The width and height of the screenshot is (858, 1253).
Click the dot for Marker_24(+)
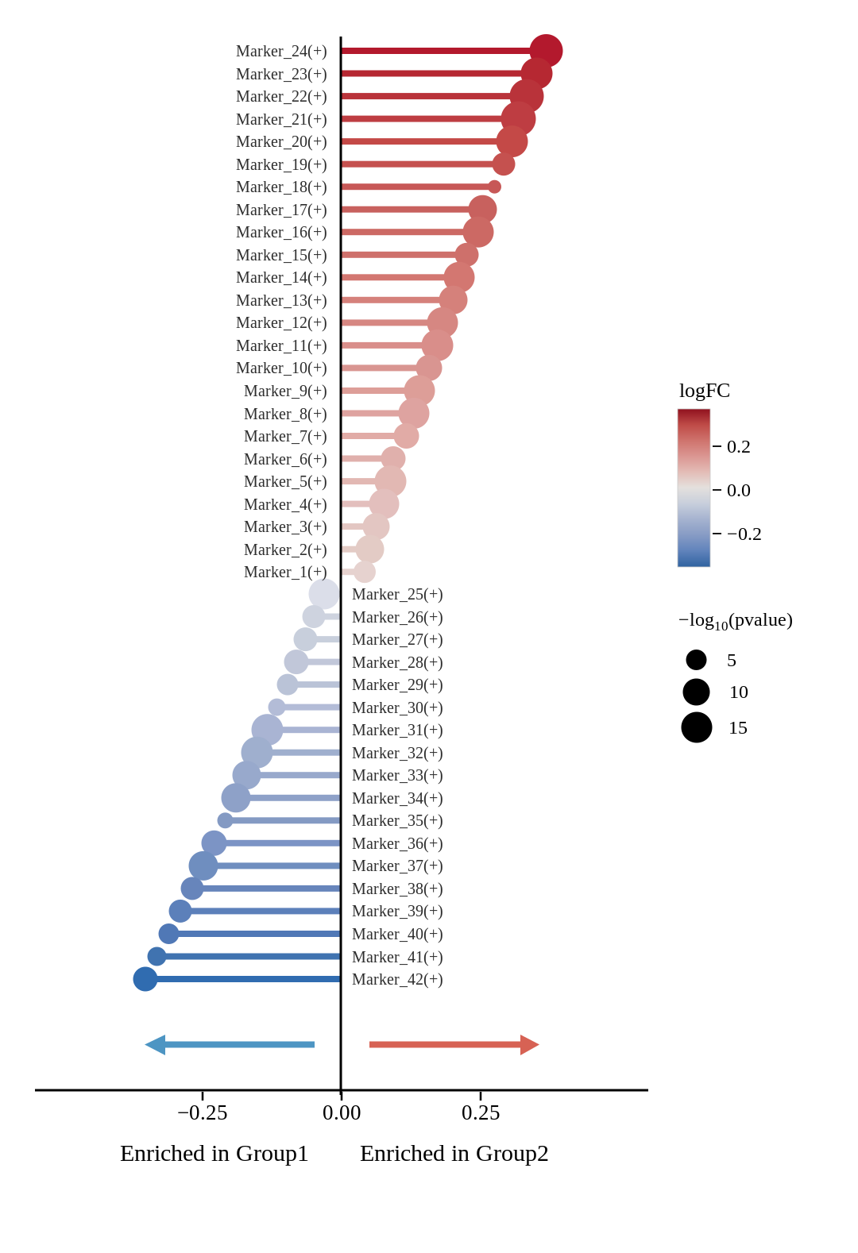546,51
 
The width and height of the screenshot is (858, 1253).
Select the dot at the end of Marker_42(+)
145,979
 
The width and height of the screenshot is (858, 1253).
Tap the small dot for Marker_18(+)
494,187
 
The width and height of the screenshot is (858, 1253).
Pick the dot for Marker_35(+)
225,820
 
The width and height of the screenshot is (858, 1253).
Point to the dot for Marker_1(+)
365,572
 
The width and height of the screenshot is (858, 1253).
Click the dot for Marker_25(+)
324,593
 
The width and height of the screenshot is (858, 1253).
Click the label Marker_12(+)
281,322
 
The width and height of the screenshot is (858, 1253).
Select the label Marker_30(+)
397,707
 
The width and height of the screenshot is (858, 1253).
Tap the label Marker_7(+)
285,436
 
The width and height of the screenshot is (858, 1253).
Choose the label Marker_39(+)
397,912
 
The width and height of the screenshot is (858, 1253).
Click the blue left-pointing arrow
230,1044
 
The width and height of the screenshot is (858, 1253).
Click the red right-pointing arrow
454,1044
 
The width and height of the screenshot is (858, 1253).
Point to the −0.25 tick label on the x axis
202,1112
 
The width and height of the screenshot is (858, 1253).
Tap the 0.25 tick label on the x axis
480,1112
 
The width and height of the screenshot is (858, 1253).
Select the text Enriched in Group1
214,1154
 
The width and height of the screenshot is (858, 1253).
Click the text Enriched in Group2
454,1154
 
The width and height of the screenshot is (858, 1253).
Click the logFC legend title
704,391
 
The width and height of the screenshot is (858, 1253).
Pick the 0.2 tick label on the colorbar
738,446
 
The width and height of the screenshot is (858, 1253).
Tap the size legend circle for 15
696,727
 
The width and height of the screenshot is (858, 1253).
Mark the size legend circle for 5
696,660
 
